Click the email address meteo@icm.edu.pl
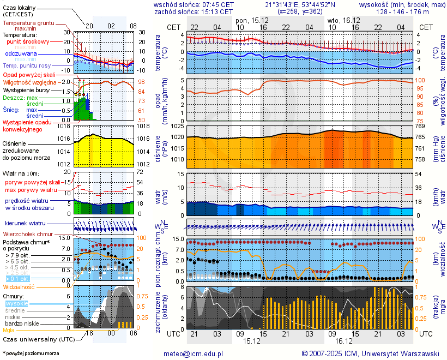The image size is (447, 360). pyautogui.click(x=194, y=353)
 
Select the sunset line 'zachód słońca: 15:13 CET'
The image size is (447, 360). pyautogui.click(x=194, y=11)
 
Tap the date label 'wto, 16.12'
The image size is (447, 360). pyautogui.click(x=340, y=20)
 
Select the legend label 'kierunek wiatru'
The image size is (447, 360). pyautogui.click(x=26, y=224)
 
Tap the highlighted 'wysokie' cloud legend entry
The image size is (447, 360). pyautogui.click(x=16, y=303)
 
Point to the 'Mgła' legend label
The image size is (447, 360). pyautogui.click(x=9, y=330)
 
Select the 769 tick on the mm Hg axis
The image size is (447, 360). pyautogui.click(x=420, y=127)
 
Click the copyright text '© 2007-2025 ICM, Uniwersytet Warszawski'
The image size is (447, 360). pyautogui.click(x=370, y=353)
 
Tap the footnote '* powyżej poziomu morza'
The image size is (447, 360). pyautogui.click(x=31, y=353)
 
